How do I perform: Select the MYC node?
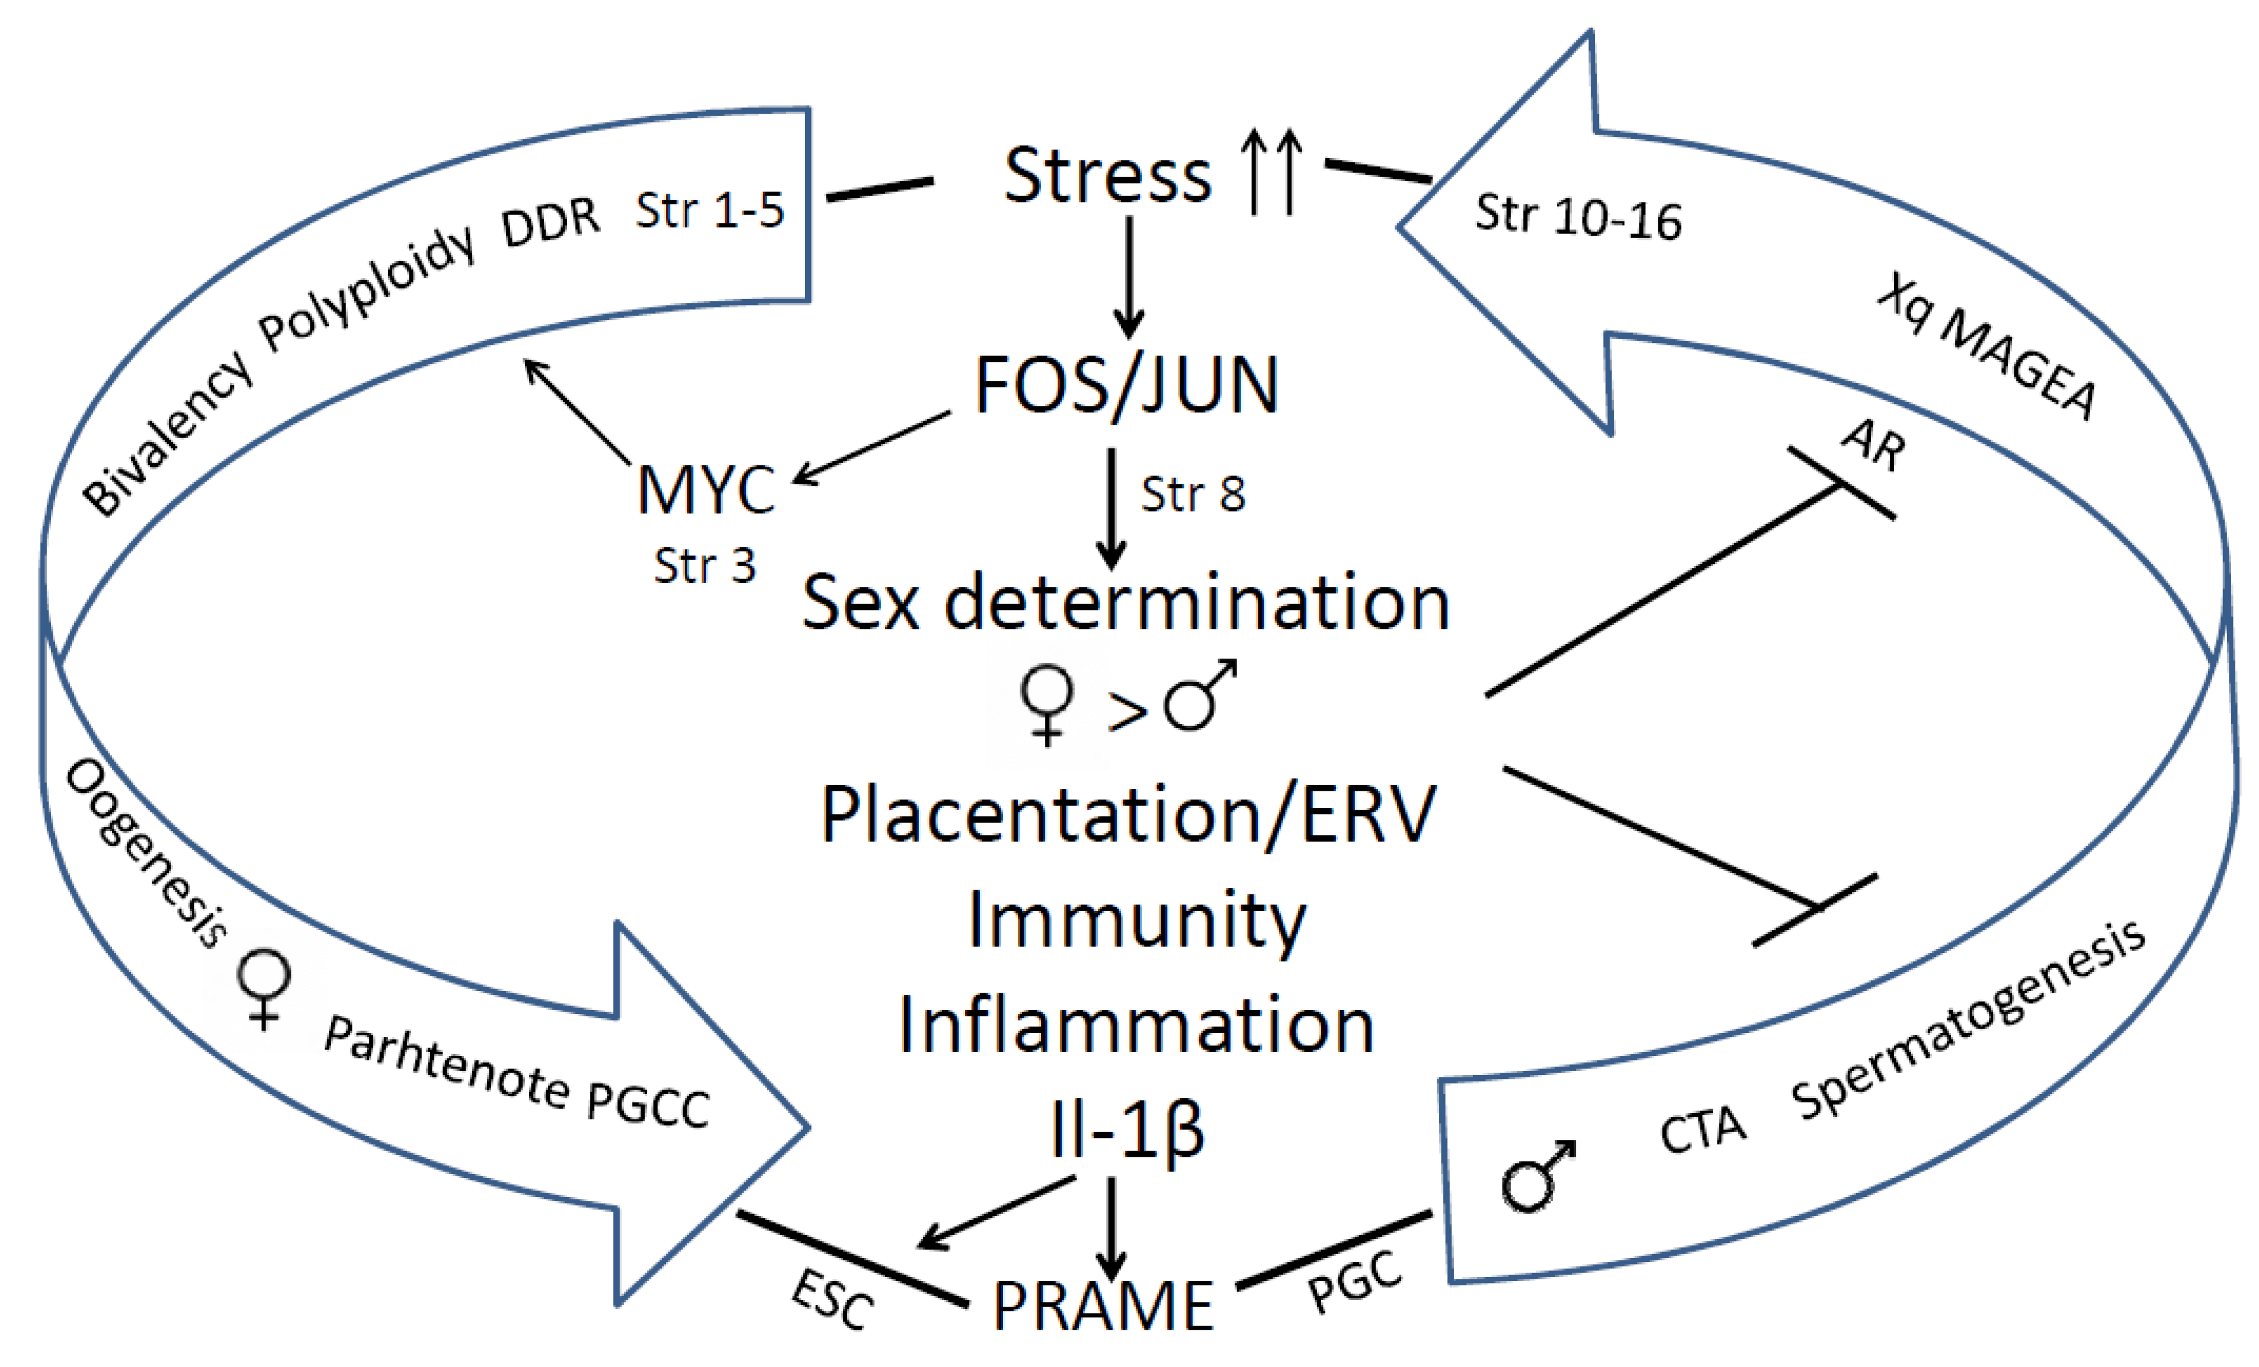[x=706, y=490]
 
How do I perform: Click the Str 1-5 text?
[x=710, y=211]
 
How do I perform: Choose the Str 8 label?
[x=1193, y=495]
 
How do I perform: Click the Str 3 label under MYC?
[x=704, y=566]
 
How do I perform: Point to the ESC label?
[x=832, y=1299]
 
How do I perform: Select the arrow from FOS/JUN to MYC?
[x=871, y=447]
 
